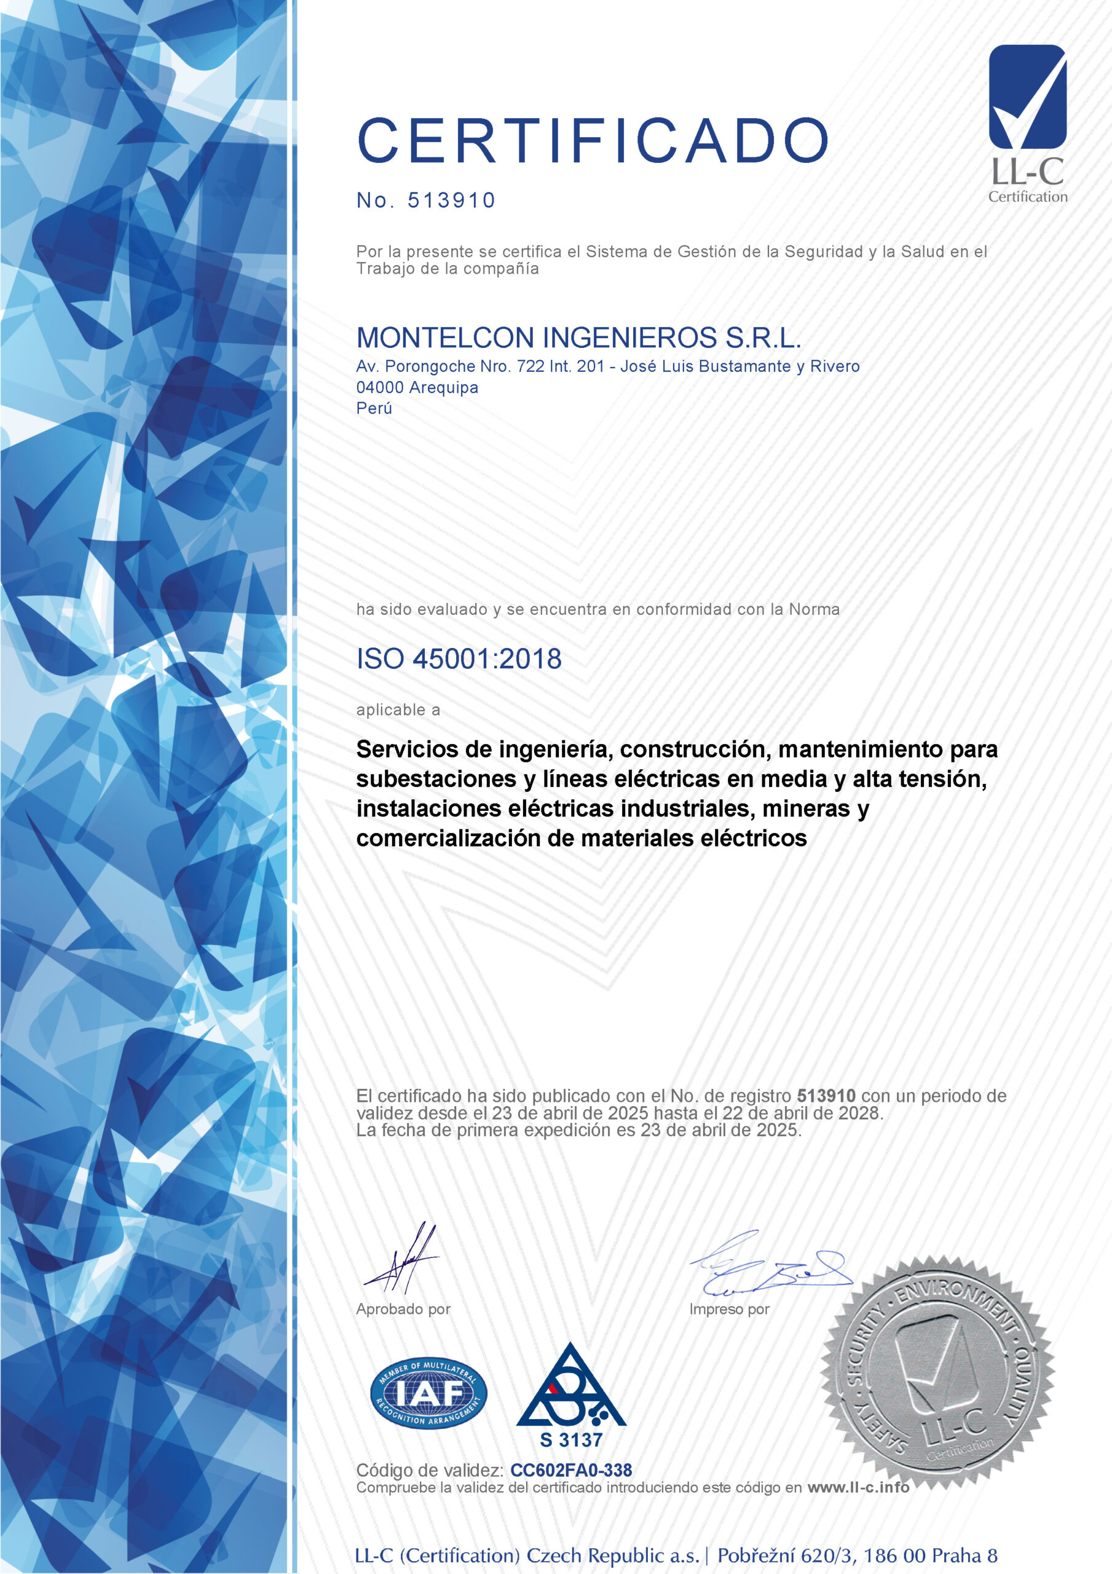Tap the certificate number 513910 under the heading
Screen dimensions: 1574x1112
pos(451,200)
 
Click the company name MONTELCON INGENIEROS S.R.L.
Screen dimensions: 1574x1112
pos(578,338)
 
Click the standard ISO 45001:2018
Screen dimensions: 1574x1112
pos(459,658)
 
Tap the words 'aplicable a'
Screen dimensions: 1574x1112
pos(398,710)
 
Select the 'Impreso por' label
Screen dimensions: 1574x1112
pos(729,1309)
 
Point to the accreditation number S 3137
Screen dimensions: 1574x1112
pos(570,1439)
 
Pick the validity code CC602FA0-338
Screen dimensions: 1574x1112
pos(570,1470)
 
